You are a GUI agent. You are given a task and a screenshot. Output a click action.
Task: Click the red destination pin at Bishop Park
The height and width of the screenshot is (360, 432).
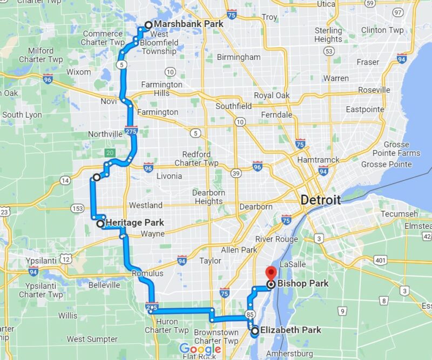point(271,272)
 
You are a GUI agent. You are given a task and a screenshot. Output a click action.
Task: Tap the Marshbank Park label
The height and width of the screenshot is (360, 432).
point(188,24)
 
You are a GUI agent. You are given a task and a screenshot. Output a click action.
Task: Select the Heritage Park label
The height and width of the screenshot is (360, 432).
point(134,223)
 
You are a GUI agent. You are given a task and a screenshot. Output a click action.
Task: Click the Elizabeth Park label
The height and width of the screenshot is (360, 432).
point(291,330)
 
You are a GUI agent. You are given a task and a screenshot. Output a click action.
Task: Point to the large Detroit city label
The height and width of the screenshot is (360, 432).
point(321,200)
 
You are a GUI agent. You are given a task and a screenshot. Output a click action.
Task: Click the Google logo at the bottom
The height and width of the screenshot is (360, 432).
point(200,349)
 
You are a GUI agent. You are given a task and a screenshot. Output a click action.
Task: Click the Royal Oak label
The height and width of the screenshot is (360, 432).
point(272,96)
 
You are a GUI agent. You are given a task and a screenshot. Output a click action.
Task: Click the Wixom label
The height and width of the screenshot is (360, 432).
point(79,72)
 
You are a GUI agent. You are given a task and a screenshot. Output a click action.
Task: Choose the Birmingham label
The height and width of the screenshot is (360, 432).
point(238,57)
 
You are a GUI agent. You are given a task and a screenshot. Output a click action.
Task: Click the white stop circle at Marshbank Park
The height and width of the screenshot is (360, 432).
point(148,25)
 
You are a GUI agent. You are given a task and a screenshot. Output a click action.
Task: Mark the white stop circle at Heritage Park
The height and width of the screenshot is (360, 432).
point(100,223)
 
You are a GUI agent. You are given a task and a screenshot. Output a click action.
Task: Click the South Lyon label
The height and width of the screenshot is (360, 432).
point(22,115)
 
